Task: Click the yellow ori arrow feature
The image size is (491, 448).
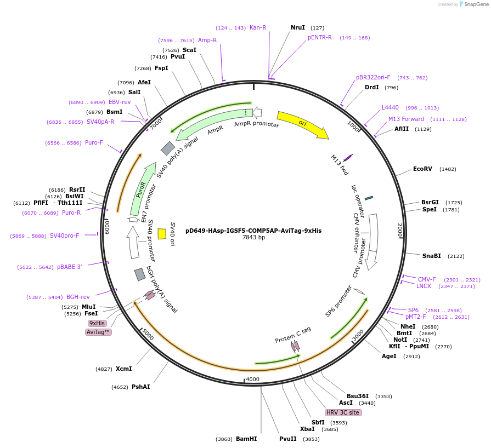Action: click(x=302, y=124)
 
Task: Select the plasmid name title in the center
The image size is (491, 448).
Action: click(x=253, y=231)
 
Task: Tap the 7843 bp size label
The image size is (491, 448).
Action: click(x=253, y=238)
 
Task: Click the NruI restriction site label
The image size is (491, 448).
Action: click(x=298, y=27)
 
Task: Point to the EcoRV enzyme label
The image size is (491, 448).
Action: click(x=422, y=169)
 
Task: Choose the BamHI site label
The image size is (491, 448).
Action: click(x=246, y=439)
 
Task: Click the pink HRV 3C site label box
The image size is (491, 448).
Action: click(x=343, y=412)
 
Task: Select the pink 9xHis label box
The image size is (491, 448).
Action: click(x=98, y=323)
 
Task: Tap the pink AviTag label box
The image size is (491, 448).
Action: click(x=99, y=332)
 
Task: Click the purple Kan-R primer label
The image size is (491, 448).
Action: click(x=258, y=27)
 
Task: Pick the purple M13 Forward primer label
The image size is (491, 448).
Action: click(x=406, y=119)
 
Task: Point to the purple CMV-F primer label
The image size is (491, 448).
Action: click(x=427, y=279)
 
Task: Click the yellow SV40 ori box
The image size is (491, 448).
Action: click(x=162, y=234)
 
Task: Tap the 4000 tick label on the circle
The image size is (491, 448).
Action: click(x=252, y=379)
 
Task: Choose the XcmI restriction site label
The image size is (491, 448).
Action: click(x=123, y=369)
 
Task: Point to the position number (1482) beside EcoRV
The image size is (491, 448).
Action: click(x=448, y=169)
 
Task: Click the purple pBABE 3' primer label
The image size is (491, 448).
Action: click(x=69, y=267)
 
